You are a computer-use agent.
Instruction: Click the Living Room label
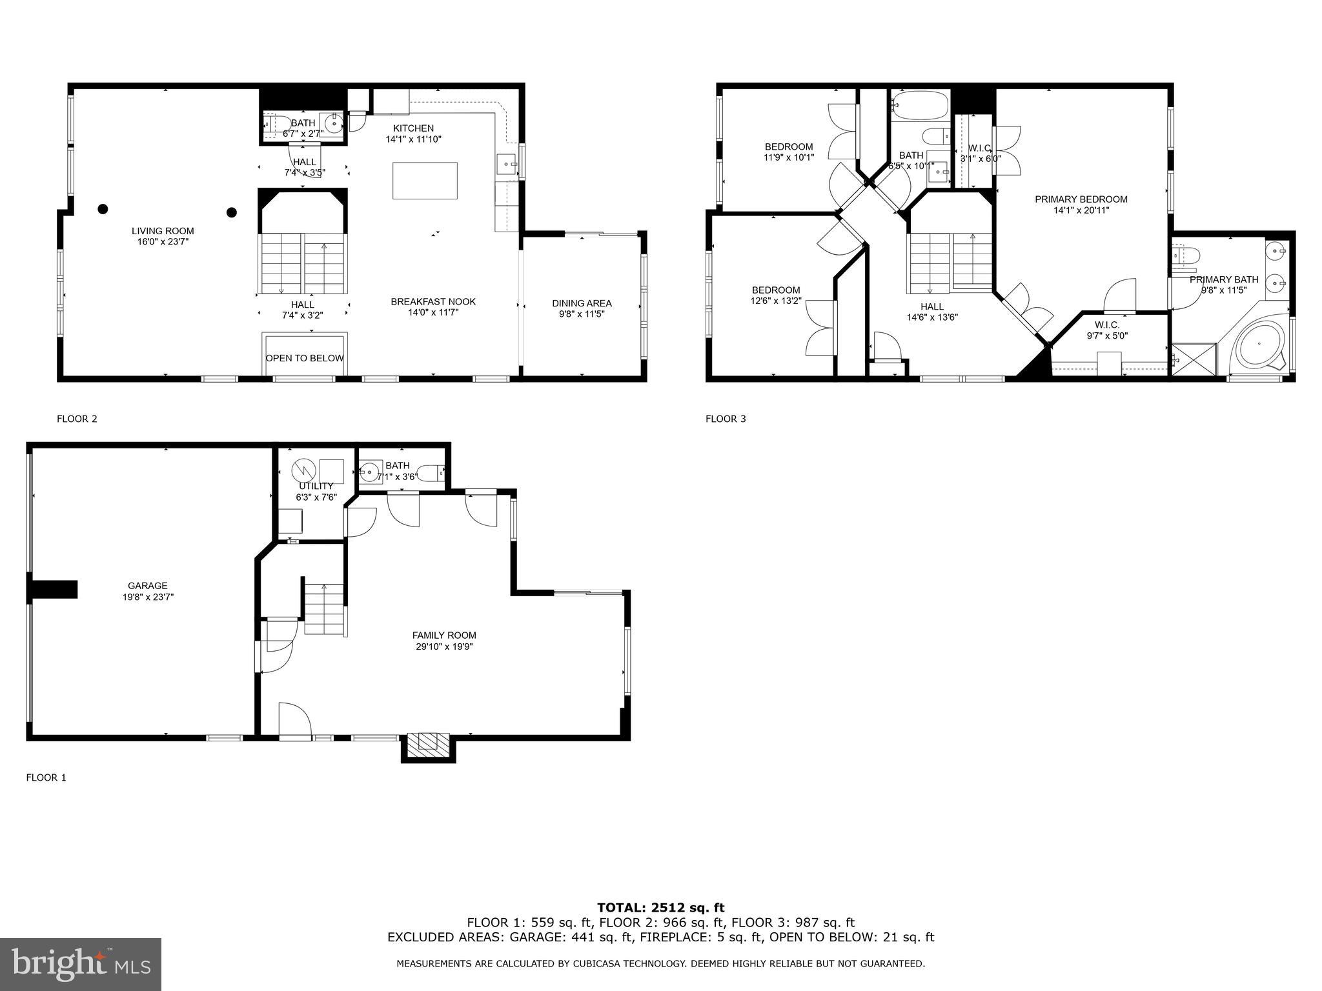coord(163,231)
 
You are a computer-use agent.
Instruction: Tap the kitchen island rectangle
coord(425,181)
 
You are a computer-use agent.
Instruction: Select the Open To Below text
coord(305,358)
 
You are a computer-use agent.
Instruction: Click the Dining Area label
coord(582,303)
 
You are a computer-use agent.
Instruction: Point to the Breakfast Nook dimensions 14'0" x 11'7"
coord(432,312)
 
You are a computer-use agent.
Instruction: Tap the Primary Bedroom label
coord(1081,199)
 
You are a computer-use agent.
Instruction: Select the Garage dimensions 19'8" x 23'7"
coord(148,597)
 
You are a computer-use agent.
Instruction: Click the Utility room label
coord(316,486)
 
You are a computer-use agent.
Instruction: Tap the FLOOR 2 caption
coord(77,419)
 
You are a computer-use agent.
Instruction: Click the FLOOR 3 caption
coord(725,419)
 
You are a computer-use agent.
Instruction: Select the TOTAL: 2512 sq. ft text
coord(660,908)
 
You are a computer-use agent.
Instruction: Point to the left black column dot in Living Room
coord(103,208)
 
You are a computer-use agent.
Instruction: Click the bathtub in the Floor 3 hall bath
coord(920,105)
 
